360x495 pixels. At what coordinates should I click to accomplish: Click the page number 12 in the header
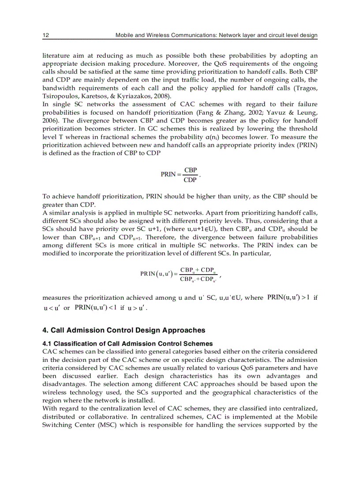(45, 35)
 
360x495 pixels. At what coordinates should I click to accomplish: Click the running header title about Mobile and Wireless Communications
(216, 35)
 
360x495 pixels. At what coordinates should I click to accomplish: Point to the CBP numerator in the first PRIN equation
(190, 170)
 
